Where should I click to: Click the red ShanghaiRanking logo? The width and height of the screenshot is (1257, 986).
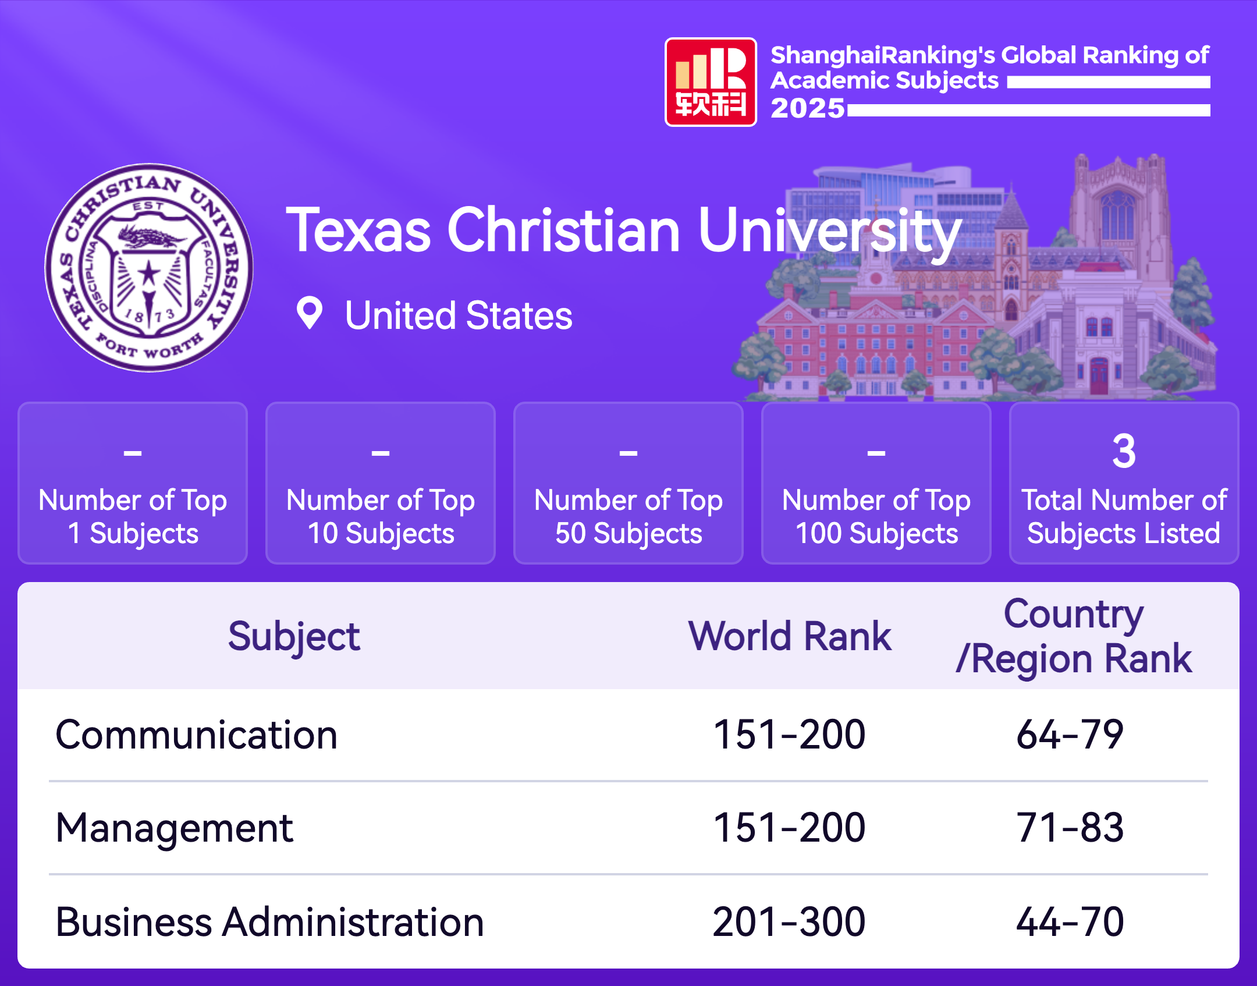[711, 82]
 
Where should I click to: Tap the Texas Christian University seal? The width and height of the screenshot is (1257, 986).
[149, 267]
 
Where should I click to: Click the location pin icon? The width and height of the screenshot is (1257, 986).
[309, 313]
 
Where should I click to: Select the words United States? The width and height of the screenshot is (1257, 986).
[459, 315]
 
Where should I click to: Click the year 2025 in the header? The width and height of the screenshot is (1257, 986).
[807, 108]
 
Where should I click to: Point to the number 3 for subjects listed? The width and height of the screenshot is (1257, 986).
[1123, 451]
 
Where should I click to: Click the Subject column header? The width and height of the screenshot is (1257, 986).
[294, 636]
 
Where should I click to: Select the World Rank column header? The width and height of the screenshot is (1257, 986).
[790, 636]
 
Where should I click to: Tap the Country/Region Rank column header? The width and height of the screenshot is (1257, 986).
[1074, 636]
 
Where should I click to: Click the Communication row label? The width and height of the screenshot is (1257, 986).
[196, 735]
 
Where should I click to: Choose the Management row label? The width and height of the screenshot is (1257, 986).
[175, 828]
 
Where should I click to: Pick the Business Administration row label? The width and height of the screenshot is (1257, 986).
[269, 922]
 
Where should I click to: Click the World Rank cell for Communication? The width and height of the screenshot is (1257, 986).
[789, 735]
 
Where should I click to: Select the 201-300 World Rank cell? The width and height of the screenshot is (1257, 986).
[789, 922]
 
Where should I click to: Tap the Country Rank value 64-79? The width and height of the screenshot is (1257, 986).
[1070, 735]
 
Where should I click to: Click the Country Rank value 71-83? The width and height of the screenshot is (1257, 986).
[1070, 828]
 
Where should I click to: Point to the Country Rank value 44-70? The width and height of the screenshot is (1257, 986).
[1070, 922]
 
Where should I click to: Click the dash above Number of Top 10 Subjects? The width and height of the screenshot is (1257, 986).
[381, 452]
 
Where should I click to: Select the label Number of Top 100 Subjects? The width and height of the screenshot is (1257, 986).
[876, 516]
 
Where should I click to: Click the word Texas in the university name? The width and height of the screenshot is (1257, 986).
[358, 231]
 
